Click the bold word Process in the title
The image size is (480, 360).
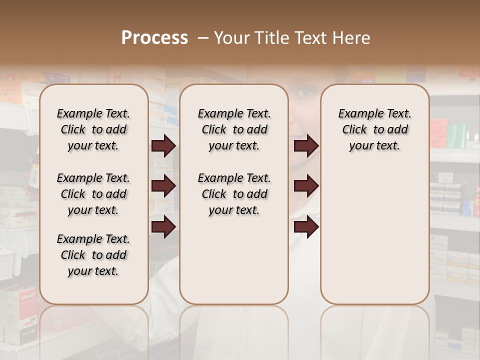(154, 37)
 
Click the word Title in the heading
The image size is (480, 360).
(270, 37)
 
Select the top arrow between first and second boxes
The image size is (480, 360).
(163, 145)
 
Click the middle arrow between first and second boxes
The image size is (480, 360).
(163, 186)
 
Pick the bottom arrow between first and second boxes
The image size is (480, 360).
(163, 227)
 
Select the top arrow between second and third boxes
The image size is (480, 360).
(306, 145)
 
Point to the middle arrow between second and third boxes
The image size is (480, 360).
(306, 186)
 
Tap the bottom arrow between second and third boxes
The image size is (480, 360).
(306, 227)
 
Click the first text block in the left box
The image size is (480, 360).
(93, 129)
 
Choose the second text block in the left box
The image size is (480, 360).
(93, 194)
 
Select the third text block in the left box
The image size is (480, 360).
(93, 255)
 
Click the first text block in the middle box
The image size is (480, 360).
(234, 129)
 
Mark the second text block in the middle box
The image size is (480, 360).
(234, 194)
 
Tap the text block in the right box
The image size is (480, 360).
(374, 129)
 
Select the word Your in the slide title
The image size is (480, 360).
(232, 37)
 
